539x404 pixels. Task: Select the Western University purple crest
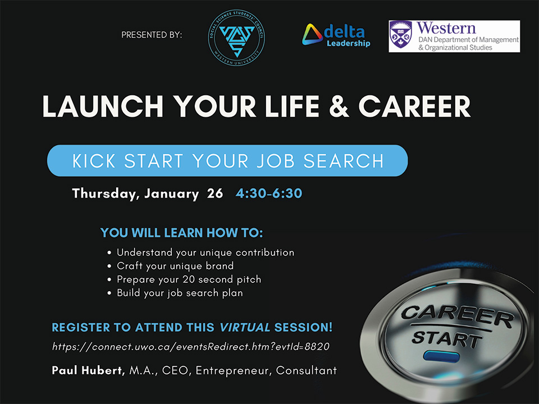400,36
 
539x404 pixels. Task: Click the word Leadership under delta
348,44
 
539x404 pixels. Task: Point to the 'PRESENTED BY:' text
152,35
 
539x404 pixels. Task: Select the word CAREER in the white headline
414,107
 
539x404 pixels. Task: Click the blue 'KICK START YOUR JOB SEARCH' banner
227,160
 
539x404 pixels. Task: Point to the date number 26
215,194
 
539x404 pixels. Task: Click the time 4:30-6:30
269,194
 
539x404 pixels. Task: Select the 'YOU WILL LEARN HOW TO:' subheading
181,232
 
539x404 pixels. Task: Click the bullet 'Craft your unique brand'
175,266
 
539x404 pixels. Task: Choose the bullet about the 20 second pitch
189,279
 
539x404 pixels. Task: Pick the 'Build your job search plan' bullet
180,293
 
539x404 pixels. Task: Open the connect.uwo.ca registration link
190,347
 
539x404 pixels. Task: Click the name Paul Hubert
88,370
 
